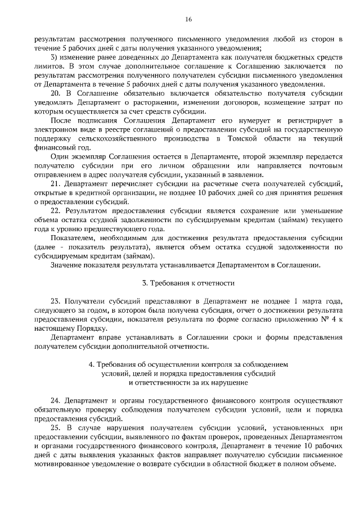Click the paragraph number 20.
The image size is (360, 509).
55,93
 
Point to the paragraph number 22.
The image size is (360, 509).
55,210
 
